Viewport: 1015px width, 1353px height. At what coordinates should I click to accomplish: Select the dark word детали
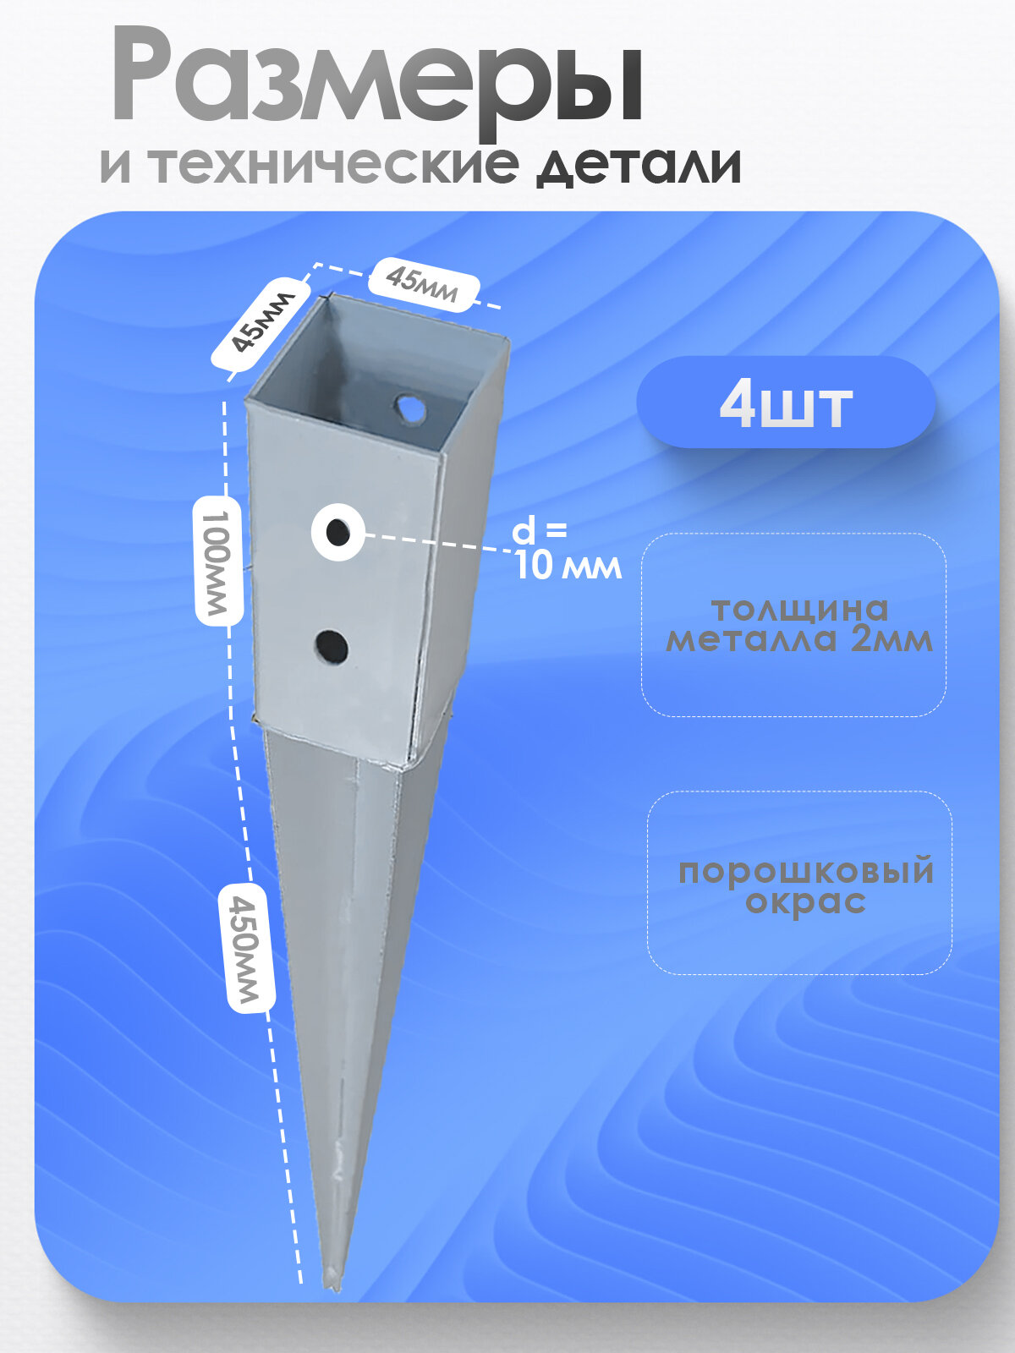coord(639,165)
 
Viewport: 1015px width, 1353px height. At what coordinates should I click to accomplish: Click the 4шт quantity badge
coord(785,403)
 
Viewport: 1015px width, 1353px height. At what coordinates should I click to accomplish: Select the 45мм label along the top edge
coord(423,283)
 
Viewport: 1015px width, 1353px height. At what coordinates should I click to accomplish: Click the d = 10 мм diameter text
coord(565,550)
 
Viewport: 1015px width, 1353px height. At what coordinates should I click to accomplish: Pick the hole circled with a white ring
coord(338,533)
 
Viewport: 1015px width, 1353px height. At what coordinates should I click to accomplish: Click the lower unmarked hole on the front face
coord(332,647)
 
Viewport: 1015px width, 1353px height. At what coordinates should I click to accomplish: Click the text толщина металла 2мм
coord(798,624)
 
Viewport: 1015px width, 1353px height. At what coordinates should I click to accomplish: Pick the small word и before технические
coord(115,165)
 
